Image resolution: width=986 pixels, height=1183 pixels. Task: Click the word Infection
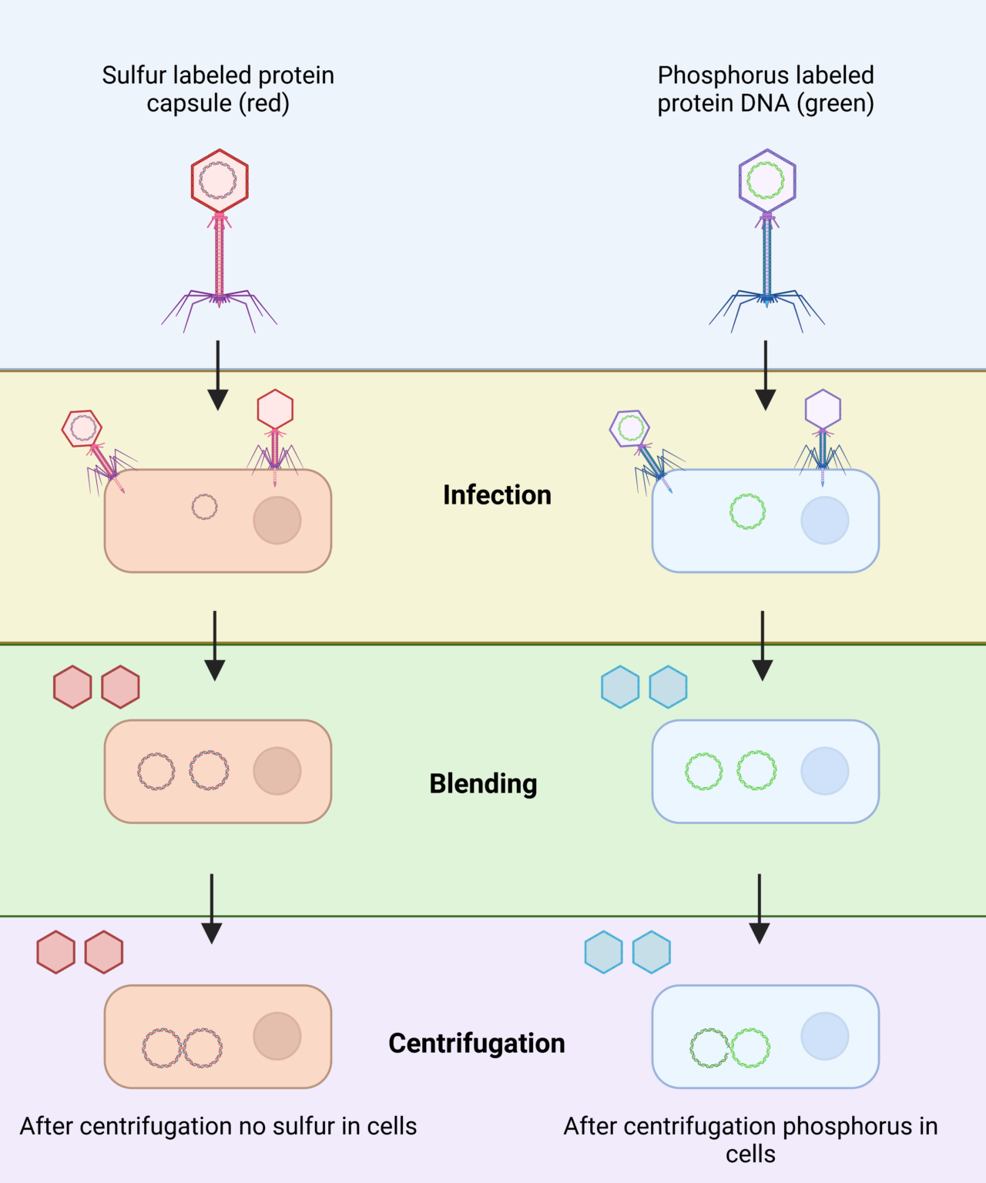pos(497,494)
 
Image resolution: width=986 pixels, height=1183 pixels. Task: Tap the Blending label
pos(483,783)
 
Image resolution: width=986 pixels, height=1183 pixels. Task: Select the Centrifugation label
pos(476,1043)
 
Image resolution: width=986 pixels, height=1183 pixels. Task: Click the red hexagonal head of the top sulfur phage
pos(220,181)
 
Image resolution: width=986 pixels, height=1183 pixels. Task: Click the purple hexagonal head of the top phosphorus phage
pos(766,181)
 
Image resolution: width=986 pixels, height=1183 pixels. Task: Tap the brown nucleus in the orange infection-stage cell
pos(277,521)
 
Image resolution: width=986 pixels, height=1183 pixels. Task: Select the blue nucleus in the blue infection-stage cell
pos(824,521)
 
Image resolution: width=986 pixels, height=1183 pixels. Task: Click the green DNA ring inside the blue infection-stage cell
pos(747,511)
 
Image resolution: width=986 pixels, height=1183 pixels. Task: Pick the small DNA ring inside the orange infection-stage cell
pos(204,507)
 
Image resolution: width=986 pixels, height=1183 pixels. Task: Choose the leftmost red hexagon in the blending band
pos(72,687)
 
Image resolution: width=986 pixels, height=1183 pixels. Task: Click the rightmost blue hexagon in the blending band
pos(668,687)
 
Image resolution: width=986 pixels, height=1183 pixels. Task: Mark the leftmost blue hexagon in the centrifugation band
pos(603,953)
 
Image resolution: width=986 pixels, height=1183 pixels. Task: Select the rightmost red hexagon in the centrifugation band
pos(104,953)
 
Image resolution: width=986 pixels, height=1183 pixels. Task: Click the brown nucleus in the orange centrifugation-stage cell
pos(277,1037)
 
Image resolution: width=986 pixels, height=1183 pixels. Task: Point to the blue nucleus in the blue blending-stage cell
pos(824,771)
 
